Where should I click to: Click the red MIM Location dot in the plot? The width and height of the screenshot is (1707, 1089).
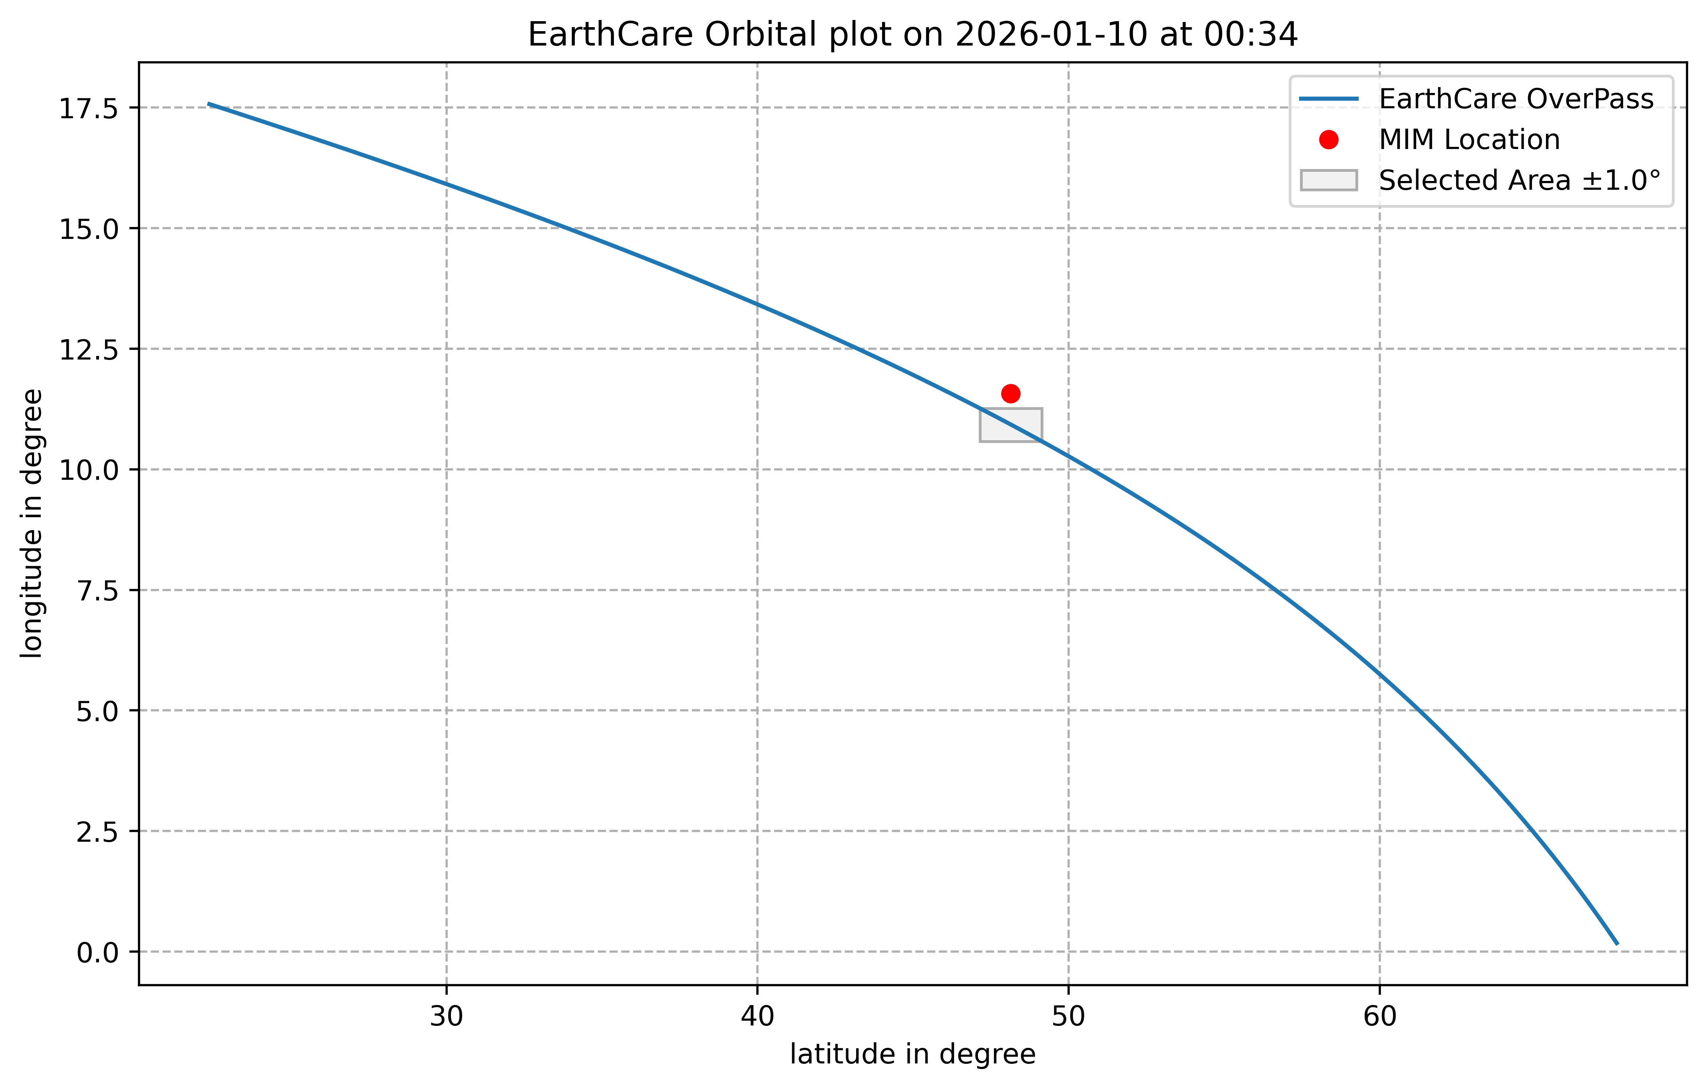point(1011,393)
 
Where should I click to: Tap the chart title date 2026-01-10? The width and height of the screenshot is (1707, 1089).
point(1052,35)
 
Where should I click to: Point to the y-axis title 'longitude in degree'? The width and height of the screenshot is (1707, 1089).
point(32,523)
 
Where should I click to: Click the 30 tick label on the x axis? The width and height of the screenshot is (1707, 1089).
point(447,1017)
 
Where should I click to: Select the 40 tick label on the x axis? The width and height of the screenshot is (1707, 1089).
point(758,1017)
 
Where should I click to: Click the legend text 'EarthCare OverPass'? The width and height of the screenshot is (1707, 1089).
point(1516,99)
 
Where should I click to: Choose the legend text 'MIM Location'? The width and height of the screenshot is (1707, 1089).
point(1470,140)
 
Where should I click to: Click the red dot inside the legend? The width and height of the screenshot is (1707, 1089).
point(1328,140)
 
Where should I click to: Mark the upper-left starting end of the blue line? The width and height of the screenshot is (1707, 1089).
point(209,103)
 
